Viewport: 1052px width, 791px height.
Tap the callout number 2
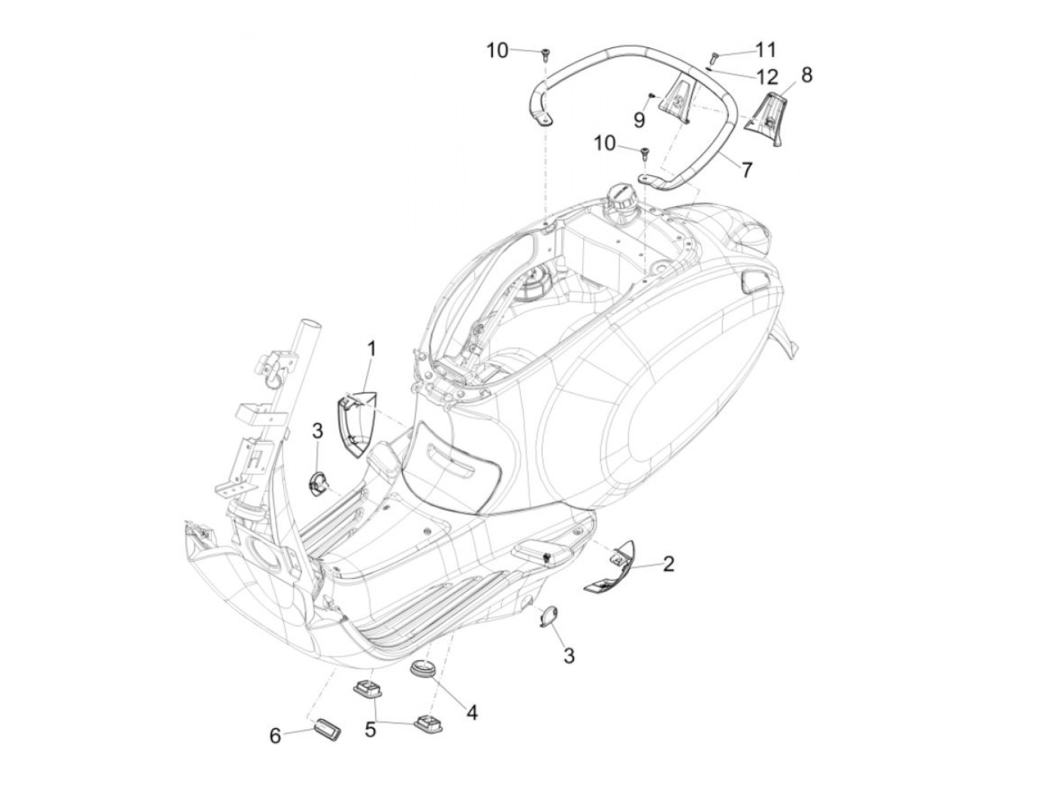point(667,563)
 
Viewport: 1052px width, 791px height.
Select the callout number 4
point(472,711)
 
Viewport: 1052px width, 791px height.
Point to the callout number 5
point(370,729)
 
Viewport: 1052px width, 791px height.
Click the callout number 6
point(275,735)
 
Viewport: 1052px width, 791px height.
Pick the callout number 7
point(745,170)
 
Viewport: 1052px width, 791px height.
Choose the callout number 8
point(806,74)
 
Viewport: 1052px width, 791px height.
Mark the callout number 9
point(639,119)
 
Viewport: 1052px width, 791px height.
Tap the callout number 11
point(764,50)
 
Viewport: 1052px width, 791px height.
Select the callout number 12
point(766,77)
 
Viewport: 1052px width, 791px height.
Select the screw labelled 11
point(714,56)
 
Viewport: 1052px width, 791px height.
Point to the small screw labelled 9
point(653,95)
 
